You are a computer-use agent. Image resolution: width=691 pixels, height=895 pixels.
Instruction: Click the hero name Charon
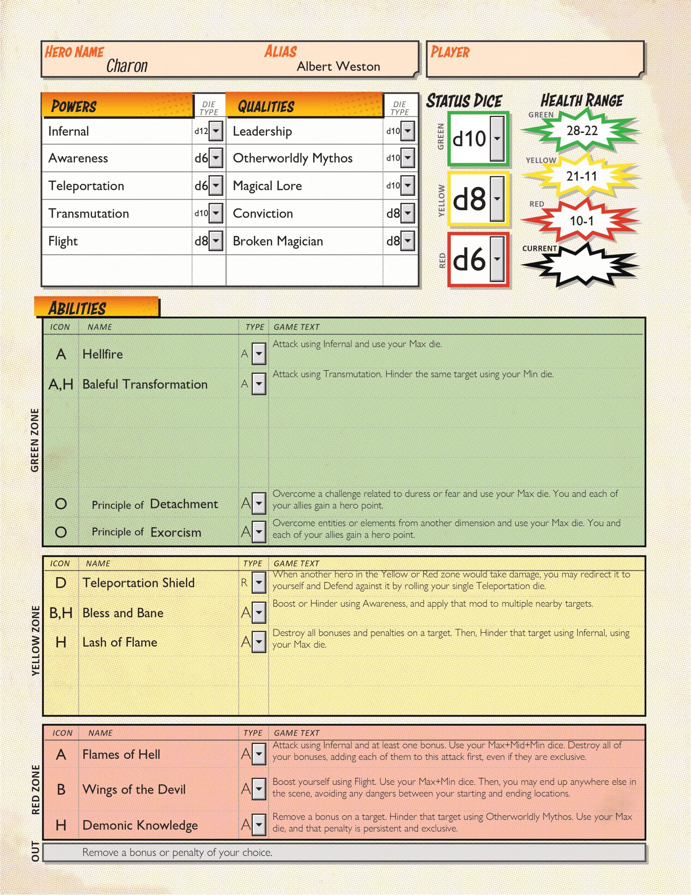126,66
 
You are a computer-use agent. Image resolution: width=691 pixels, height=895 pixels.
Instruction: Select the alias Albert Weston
338,66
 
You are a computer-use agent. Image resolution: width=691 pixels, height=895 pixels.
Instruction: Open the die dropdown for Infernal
216,131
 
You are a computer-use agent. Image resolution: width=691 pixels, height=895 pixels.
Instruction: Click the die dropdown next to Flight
216,241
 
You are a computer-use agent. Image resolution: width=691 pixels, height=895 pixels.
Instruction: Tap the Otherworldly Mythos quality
292,158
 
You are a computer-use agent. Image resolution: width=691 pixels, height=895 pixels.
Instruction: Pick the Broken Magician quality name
278,241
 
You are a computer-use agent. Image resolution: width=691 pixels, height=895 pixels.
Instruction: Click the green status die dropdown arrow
497,138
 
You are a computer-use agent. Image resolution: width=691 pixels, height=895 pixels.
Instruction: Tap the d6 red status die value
470,259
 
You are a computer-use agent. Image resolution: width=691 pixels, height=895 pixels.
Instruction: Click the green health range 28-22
582,131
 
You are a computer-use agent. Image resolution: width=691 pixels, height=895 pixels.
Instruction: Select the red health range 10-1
582,221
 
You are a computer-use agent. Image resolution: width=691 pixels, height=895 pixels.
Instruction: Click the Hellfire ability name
102,354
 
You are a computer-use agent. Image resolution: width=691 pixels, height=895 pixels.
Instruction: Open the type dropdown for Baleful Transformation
259,384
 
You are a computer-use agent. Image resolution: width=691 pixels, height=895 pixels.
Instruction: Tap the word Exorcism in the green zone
176,532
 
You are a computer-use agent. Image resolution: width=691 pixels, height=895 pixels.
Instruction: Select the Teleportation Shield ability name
138,583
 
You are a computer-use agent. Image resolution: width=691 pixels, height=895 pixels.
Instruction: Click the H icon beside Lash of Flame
61,642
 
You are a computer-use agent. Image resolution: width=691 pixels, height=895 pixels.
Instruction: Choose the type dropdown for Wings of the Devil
259,789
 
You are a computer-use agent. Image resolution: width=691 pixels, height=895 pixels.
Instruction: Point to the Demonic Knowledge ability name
140,825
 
